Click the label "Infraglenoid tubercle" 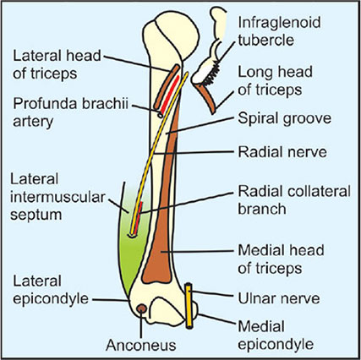pos(279,31)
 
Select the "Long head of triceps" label pos(276,81)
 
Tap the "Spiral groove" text pos(284,119)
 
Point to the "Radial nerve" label pos(282,152)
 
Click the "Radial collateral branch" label pos(294,200)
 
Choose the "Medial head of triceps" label pos(281,259)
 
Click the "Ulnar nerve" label pos(279,298)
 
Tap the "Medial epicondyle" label pos(276,335)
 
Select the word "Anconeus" pos(141,346)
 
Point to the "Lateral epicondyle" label pos(51,290)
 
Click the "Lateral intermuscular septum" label pos(57,197)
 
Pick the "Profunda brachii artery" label pos(70,112)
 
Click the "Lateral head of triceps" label pos(57,64)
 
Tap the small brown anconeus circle pos(141,308)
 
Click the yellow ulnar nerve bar pos(189,306)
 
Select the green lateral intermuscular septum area pos(134,248)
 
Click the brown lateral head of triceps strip pos(167,87)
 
